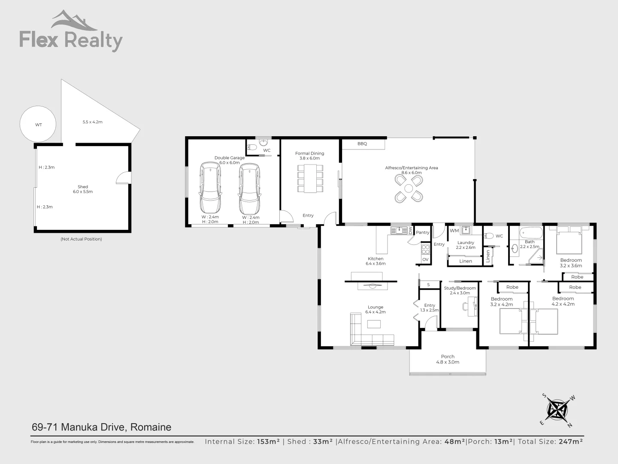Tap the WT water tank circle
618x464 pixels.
[38, 125]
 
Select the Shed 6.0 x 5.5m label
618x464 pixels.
[83, 189]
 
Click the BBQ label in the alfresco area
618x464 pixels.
[362, 144]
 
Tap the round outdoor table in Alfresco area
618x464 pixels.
[408, 188]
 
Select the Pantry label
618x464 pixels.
[422, 232]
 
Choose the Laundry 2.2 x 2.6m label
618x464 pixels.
[466, 245]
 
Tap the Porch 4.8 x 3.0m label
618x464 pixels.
[448, 359]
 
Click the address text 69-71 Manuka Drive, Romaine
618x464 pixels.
[102, 427]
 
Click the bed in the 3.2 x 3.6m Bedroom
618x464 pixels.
[569, 242]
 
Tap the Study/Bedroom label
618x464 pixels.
[460, 290]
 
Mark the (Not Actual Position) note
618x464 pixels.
[81, 239]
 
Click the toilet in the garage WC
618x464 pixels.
[253, 148]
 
